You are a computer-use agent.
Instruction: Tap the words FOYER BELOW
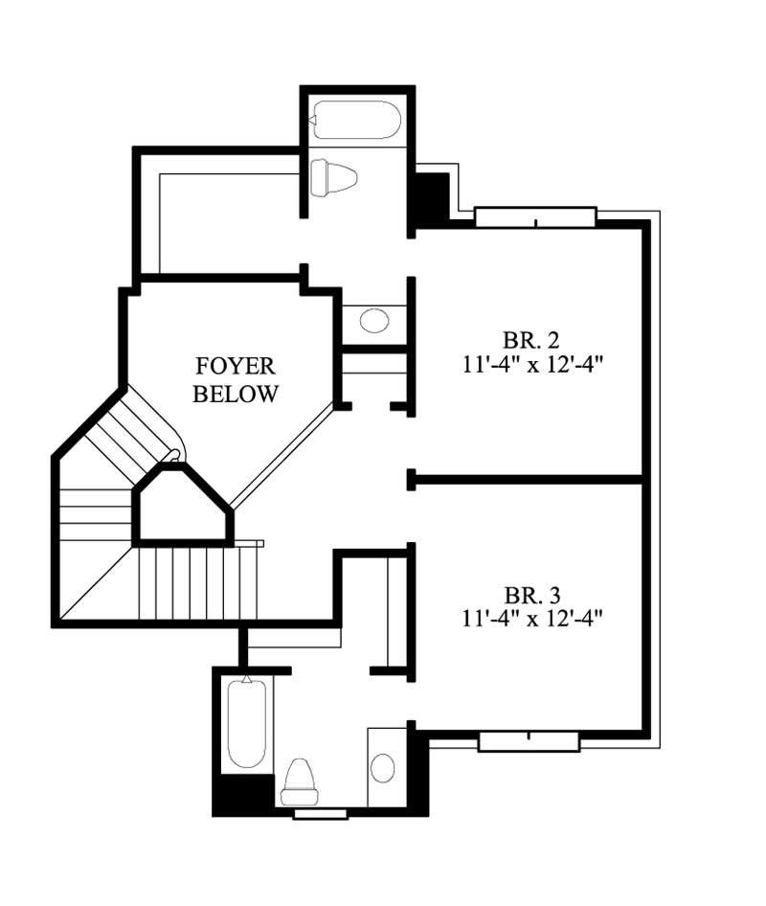236,379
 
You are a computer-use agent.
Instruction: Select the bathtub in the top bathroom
355,120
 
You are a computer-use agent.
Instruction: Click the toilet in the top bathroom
334,177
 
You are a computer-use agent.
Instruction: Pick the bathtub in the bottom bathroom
246,723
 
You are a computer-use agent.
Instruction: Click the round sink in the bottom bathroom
383,767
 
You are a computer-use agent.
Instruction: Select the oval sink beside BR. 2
374,320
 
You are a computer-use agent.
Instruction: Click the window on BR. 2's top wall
535,217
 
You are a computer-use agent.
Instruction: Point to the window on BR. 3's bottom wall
529,740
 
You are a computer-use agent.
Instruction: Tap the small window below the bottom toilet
320,814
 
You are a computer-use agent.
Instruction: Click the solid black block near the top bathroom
430,196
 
